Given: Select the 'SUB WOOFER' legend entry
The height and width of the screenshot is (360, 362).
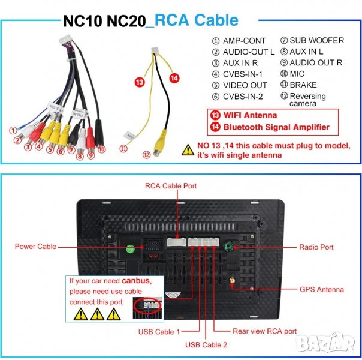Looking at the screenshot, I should coord(316,41).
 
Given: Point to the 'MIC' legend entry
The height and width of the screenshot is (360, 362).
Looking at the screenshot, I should coord(297,74).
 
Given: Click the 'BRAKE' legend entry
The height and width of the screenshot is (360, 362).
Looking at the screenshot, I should coord(303,85).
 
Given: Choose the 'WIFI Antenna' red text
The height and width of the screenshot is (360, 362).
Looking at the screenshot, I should coord(250,115).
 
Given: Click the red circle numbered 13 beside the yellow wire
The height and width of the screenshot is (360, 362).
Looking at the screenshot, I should coord(140,82).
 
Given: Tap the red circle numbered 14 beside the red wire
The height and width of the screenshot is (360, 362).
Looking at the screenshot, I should coord(174,77).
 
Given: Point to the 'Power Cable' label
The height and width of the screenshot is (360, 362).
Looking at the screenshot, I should coord(35,246).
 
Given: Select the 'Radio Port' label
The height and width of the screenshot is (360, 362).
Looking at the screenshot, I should coord(316,247).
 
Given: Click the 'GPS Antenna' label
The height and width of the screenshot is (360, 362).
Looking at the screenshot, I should coord(321,289).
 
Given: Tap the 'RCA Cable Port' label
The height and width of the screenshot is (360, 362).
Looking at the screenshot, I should coord(171,186).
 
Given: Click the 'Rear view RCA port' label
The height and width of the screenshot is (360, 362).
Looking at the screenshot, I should coord(264,331).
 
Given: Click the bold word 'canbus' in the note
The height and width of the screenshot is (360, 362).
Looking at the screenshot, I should coord(135,281).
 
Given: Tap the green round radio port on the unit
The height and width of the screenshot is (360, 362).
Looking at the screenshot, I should coord(228,246).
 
